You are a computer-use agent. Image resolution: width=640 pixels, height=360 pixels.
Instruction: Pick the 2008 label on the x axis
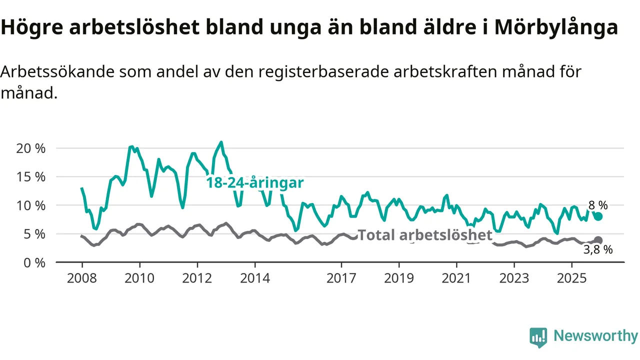pyautogui.click(x=82, y=278)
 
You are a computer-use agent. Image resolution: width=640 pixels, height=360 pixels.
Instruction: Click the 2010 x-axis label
pyautogui.click(x=139, y=278)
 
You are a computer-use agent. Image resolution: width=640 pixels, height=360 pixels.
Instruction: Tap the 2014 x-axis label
pyautogui.click(x=255, y=278)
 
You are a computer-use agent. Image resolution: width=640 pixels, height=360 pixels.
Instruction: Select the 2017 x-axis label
pyautogui.click(x=341, y=278)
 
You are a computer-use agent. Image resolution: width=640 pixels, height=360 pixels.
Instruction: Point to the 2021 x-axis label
pyautogui.click(x=456, y=278)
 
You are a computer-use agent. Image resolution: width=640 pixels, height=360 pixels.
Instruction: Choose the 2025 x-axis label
pyautogui.click(x=572, y=278)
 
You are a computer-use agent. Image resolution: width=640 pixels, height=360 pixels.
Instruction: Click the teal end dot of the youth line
pyautogui.click(x=598, y=216)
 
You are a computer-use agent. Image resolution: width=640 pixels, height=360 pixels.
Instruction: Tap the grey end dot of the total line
pyautogui.click(x=598, y=240)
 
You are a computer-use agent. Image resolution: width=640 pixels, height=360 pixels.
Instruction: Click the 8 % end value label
pyautogui.click(x=598, y=205)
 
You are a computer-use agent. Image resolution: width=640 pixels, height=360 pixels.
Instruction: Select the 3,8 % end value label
pyautogui.click(x=598, y=250)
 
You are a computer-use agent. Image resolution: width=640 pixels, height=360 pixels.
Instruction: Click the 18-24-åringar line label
pyautogui.click(x=255, y=183)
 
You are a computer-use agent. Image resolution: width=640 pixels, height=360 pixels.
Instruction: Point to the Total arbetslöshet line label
pyautogui.click(x=425, y=235)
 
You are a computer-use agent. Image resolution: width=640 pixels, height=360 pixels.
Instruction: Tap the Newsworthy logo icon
pyautogui.click(x=538, y=337)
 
